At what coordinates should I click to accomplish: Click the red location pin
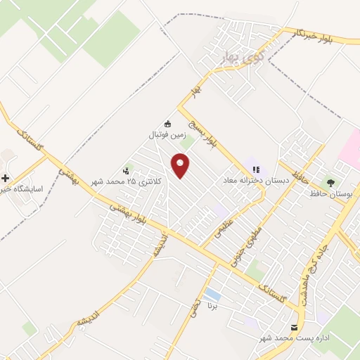181,165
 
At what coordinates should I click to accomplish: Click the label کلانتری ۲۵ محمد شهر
127,181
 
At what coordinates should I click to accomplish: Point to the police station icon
127,169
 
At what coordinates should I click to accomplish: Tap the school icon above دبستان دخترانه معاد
256,169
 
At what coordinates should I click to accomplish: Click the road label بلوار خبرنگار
303,35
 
